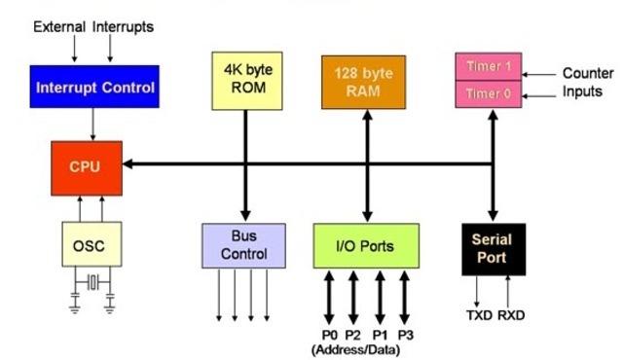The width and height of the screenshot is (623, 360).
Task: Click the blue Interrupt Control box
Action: tap(93, 87)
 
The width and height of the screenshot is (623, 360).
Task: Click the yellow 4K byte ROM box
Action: tap(245, 79)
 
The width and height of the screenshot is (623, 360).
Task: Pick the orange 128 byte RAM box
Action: tap(365, 82)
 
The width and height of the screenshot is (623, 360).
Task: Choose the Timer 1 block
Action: tap(488, 68)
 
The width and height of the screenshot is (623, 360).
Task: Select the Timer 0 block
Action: tap(488, 94)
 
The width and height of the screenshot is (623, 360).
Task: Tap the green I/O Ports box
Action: tap(366, 245)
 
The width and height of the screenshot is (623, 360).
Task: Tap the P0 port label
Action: tap(328, 335)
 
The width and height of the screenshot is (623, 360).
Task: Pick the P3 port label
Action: tap(406, 335)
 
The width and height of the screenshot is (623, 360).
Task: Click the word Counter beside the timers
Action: tap(587, 73)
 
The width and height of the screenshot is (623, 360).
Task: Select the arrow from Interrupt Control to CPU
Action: tap(93, 123)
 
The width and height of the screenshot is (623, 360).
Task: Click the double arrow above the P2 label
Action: tap(353, 297)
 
